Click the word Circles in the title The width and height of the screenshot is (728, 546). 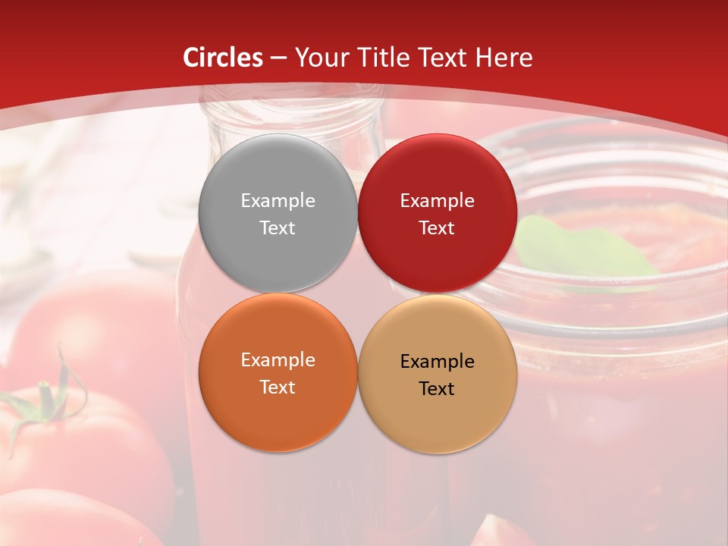pos(223,58)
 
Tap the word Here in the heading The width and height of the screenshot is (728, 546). pos(504,58)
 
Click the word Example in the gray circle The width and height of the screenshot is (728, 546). pos(278,200)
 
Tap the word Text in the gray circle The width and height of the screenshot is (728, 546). pos(278,227)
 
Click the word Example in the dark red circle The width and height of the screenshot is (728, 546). pos(437,200)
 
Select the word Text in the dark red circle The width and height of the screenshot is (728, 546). pos(437,227)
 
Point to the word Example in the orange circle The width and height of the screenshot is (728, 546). pos(278,359)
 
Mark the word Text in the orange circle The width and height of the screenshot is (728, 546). pos(278,387)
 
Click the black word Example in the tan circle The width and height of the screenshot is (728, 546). pos(437,361)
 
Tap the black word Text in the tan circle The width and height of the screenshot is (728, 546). pos(437,388)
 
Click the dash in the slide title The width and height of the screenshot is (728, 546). pos(278,58)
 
